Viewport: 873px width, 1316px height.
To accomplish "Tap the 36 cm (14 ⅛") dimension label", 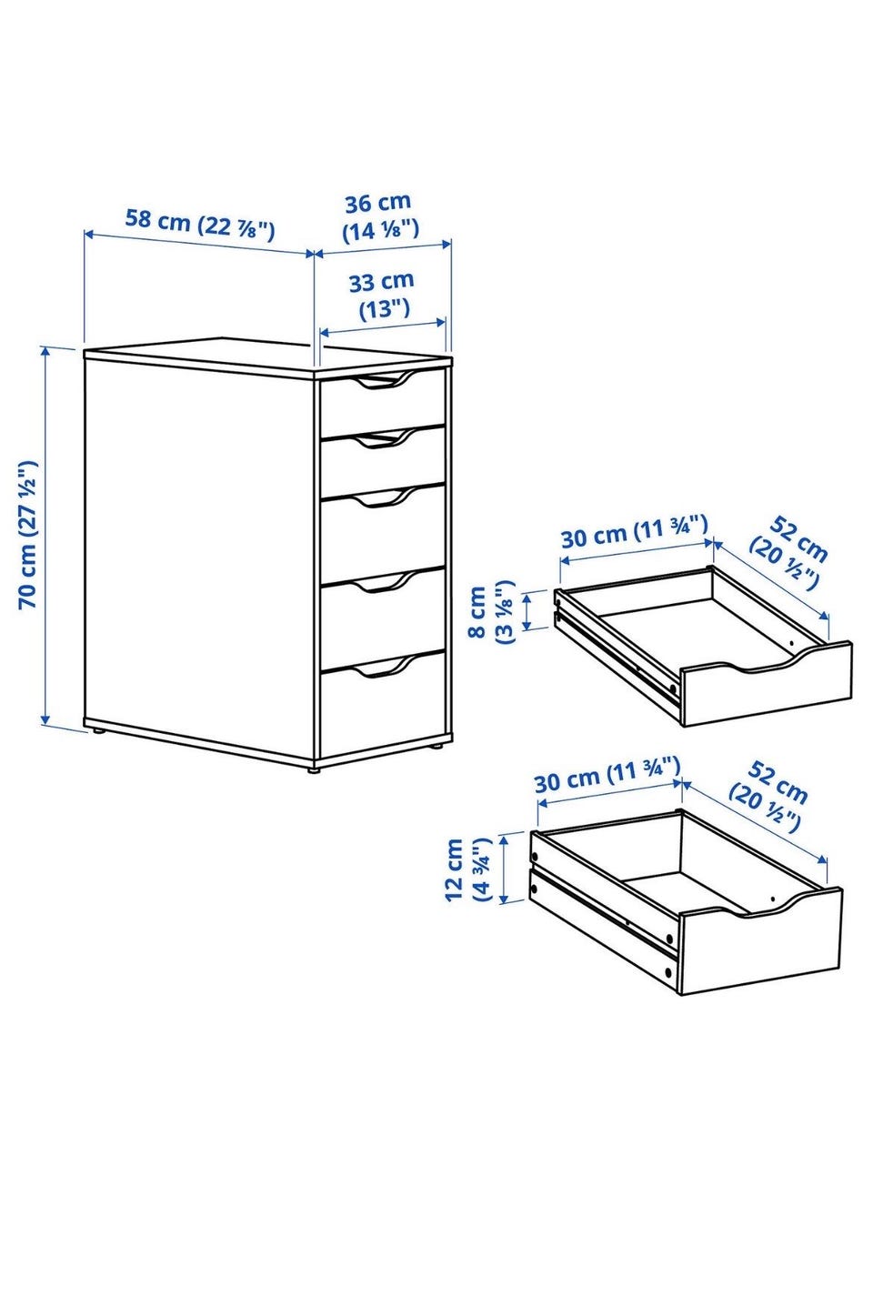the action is (x=380, y=216).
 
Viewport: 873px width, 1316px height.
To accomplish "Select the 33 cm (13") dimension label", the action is (x=383, y=294).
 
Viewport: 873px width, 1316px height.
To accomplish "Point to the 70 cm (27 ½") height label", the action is (x=28, y=534).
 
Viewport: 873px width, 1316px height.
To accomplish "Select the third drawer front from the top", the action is (x=382, y=534).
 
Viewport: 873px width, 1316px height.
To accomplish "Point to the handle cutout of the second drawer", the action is (x=383, y=439).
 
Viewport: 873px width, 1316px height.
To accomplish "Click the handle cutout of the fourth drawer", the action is (x=383, y=581).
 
